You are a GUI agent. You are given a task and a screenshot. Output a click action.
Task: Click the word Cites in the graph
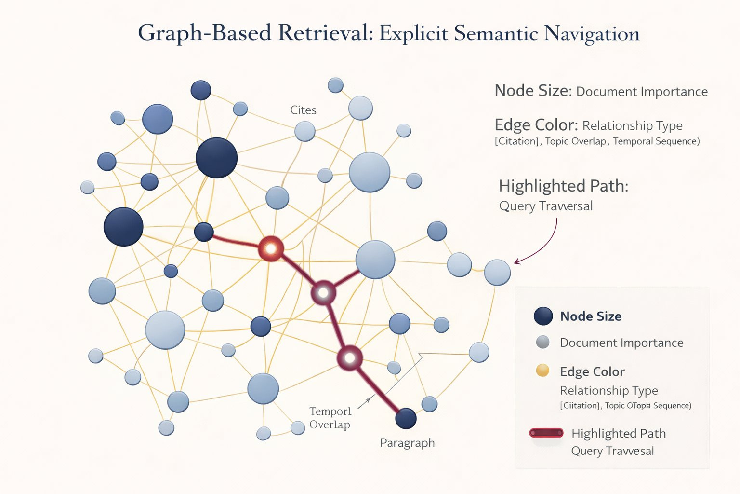(303, 110)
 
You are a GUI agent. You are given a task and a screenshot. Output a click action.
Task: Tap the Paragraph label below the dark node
(407, 443)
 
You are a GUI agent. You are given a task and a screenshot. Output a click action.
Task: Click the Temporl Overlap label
(330, 418)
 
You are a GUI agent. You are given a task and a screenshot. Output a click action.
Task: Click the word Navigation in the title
(592, 34)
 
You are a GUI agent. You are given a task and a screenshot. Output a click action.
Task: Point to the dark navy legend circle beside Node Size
(543, 316)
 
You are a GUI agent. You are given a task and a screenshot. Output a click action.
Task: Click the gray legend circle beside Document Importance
(543, 342)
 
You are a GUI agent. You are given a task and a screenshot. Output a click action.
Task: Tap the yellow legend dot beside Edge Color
(542, 370)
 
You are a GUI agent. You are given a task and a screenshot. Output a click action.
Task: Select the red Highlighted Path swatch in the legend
(546, 433)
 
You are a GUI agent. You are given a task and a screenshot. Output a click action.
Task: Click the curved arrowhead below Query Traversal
(516, 262)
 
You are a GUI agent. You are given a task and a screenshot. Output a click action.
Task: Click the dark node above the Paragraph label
(406, 418)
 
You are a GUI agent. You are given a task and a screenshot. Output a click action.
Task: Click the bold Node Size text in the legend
(591, 316)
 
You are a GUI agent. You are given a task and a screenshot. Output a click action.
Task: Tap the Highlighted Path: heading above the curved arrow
(563, 186)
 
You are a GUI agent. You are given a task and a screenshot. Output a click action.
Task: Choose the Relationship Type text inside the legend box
(608, 390)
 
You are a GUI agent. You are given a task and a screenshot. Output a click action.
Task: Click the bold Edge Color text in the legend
(592, 371)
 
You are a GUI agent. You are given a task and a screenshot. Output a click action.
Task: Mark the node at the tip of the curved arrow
(497, 272)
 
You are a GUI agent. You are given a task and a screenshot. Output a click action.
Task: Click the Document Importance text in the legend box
(621, 343)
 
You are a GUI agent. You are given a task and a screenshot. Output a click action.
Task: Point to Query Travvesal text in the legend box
(612, 451)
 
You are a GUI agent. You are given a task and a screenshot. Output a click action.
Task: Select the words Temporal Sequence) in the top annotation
(656, 141)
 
